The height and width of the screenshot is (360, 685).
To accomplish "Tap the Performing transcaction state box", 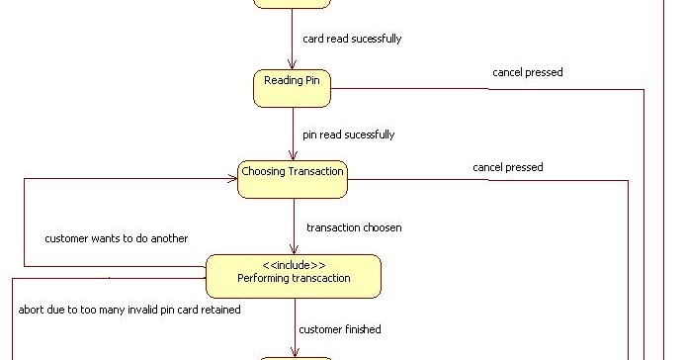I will pyautogui.click(x=293, y=276).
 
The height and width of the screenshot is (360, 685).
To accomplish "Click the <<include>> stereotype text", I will pyautogui.click(x=294, y=265).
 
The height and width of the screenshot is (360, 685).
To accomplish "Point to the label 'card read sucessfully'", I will pyautogui.click(x=352, y=40).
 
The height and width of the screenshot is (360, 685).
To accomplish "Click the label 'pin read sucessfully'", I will pyautogui.click(x=355, y=134).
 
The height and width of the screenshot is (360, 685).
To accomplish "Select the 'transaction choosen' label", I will pyautogui.click(x=354, y=227).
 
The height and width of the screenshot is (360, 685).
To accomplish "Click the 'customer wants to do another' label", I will pyautogui.click(x=116, y=238).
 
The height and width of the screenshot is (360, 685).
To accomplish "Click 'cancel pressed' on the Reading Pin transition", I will pyautogui.click(x=528, y=72).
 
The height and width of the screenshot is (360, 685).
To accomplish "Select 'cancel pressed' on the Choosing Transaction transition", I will pyautogui.click(x=507, y=167).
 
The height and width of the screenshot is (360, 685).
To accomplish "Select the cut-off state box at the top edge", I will pyautogui.click(x=291, y=4).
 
